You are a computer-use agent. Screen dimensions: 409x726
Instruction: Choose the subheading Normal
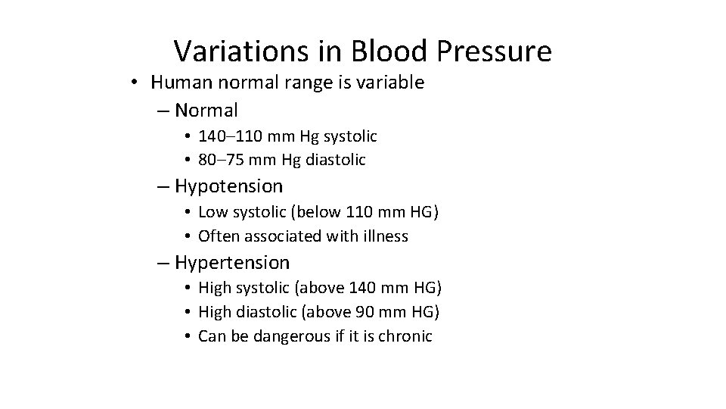click(206, 111)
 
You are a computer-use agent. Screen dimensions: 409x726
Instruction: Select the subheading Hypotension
click(229, 186)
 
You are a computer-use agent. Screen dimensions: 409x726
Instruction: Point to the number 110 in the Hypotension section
click(358, 213)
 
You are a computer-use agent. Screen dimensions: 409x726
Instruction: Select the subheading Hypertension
click(232, 263)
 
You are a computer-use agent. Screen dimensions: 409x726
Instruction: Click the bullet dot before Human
click(134, 83)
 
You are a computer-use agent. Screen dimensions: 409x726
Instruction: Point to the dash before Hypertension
click(164, 263)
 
